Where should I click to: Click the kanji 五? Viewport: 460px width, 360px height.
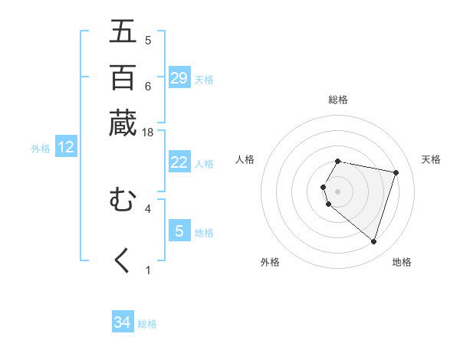(123, 32)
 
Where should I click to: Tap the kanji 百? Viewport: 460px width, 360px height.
(123, 77)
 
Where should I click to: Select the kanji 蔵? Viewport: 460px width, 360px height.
(123, 123)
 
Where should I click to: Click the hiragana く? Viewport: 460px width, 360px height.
(123, 260)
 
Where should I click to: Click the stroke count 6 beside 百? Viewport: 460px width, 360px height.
(148, 86)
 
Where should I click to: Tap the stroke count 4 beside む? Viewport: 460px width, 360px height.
(148, 208)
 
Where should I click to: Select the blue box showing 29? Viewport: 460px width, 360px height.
(179, 77)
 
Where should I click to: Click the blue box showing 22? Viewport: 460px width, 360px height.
(179, 162)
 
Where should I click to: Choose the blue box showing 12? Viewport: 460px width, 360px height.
(66, 148)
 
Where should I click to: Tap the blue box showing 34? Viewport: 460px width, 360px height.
(123, 322)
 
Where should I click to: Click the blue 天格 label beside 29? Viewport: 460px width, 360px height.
(204, 80)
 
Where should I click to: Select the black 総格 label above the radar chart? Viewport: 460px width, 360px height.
(338, 100)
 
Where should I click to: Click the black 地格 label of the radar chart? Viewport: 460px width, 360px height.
(402, 262)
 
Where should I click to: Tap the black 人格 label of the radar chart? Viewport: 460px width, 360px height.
(245, 159)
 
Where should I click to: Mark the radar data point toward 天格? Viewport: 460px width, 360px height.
(396, 172)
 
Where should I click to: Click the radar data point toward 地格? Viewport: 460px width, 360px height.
(373, 242)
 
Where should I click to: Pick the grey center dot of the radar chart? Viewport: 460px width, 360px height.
(338, 191)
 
